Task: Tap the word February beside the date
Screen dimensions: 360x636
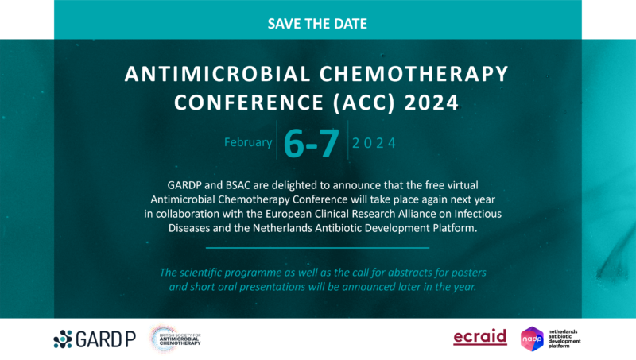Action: tap(248, 142)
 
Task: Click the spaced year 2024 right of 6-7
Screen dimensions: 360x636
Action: tap(374, 144)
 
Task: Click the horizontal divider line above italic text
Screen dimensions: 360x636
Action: tap(318, 248)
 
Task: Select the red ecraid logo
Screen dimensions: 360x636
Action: tap(479, 338)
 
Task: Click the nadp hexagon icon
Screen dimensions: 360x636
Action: tap(532, 339)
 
